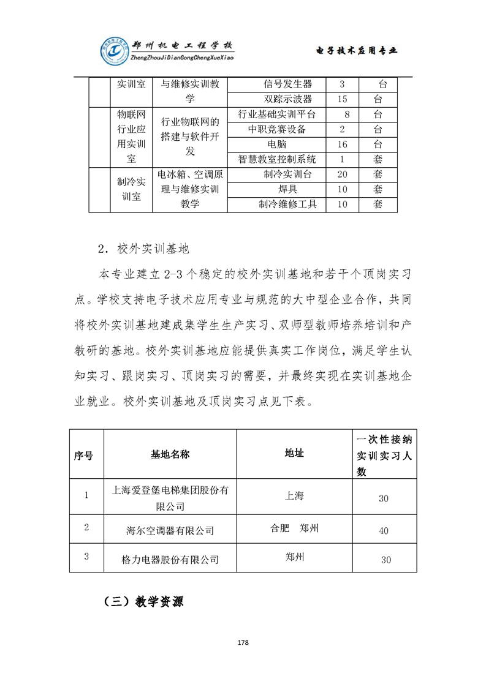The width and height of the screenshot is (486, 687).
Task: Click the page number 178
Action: coord(243,642)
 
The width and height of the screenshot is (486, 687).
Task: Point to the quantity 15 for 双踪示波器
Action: coord(343,99)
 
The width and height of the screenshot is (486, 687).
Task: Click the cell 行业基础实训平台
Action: coord(279,114)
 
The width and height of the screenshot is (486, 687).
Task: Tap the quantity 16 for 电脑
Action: coord(343,144)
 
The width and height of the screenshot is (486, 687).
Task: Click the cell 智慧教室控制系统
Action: coord(279,159)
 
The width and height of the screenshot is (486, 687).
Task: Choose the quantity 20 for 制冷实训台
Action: coord(343,174)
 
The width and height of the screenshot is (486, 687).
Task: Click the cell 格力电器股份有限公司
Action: coord(170,559)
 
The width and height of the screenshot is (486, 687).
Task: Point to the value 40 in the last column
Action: coord(384,531)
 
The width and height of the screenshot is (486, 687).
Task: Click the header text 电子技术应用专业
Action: coord(356,51)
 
